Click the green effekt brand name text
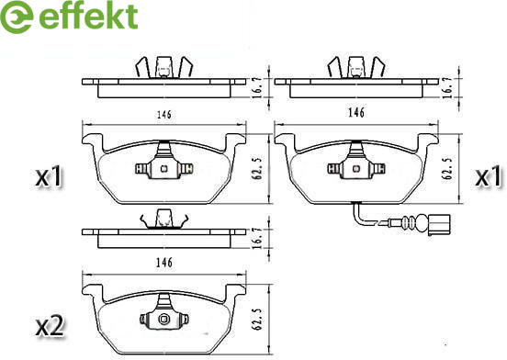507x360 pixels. pyautogui.click(x=88, y=16)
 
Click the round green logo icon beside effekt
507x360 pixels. pyautogui.click(x=17, y=17)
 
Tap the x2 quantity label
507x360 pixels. pyautogui.click(x=50, y=326)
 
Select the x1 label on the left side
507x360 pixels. pyautogui.click(x=49, y=176)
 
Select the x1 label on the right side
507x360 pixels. pyautogui.click(x=489, y=176)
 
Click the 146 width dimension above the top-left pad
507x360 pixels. pyautogui.click(x=164, y=115)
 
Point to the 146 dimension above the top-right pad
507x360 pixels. pyautogui.click(x=356, y=112)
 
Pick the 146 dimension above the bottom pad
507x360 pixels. pyautogui.click(x=164, y=263)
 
